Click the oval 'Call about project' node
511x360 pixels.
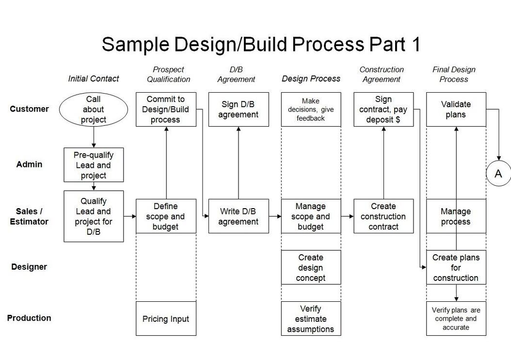click(93, 109)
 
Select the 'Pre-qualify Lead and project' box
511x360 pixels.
click(94, 165)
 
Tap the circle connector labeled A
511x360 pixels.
click(498, 173)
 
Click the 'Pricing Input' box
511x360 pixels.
click(166, 319)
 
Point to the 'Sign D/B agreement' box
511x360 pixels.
click(239, 110)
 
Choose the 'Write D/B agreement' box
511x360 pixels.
click(239, 216)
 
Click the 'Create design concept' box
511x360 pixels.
click(311, 268)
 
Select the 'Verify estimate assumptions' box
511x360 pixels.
click(311, 319)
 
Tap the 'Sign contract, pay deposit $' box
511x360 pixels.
click(383, 110)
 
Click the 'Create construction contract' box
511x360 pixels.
click(383, 216)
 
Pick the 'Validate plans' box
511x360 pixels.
click(456, 110)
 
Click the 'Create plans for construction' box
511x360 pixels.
click(456, 268)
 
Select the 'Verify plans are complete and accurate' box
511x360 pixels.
click(456, 319)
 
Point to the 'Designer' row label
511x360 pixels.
click(29, 267)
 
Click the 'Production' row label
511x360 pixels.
click(29, 318)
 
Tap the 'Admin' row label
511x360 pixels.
click(29, 164)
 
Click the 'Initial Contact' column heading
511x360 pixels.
click(94, 79)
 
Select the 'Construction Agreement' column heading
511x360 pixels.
click(382, 74)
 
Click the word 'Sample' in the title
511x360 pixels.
click(135, 44)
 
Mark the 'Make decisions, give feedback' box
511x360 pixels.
click(311, 110)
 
